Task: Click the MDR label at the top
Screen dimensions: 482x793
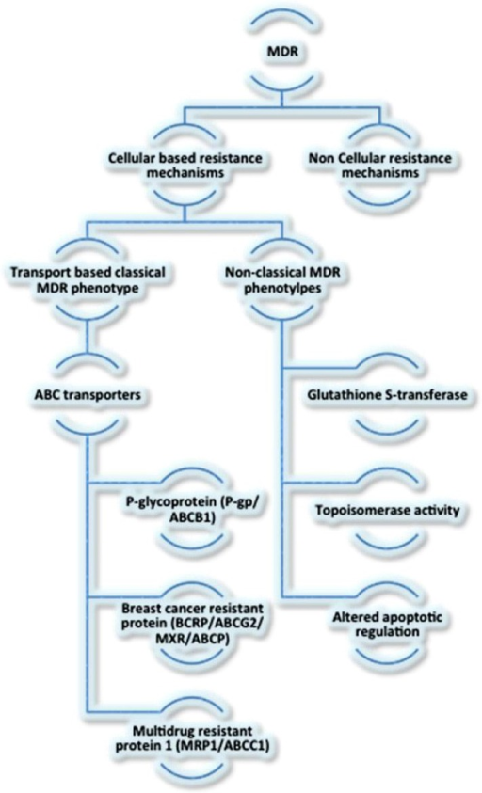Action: click(282, 52)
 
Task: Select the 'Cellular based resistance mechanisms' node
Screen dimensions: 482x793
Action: click(185, 166)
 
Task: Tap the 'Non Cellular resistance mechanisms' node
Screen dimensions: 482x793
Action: click(379, 166)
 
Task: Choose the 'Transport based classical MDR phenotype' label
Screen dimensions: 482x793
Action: click(88, 279)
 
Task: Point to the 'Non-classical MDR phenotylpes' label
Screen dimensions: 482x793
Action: click(282, 279)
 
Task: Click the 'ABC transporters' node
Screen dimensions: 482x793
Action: click(88, 394)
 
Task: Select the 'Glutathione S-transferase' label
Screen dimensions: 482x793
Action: click(387, 394)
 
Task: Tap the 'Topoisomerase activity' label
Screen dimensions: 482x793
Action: click(387, 510)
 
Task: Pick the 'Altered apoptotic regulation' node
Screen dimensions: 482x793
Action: click(387, 625)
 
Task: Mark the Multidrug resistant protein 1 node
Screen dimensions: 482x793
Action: click(192, 738)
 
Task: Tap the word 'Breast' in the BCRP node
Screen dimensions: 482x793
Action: click(139, 610)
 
